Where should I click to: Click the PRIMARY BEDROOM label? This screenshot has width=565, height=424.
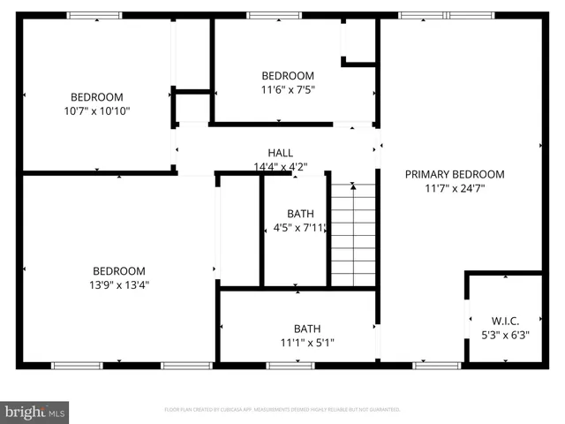[455, 174]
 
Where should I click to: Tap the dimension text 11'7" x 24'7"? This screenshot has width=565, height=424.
[455, 188]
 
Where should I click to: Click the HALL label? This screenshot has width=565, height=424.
[281, 152]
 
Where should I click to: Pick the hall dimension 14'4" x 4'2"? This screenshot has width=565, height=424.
[281, 166]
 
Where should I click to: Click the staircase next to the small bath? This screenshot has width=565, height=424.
[353, 234]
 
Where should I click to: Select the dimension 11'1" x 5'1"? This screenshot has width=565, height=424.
[307, 343]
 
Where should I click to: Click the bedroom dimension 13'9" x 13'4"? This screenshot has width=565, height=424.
[119, 284]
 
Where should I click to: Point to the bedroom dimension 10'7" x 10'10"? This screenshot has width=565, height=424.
[97, 111]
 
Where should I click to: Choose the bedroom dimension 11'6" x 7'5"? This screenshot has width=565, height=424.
[288, 89]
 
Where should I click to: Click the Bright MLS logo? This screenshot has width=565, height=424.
[35, 411]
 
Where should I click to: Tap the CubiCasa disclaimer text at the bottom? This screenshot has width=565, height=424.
[282, 410]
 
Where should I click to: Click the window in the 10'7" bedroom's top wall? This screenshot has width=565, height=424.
[95, 16]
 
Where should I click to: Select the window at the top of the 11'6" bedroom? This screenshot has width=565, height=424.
[274, 16]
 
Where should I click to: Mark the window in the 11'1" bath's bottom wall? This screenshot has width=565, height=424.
[290, 365]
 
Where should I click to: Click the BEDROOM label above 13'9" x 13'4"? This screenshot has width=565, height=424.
[119, 270]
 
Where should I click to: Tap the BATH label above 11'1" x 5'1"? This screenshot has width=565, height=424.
[307, 328]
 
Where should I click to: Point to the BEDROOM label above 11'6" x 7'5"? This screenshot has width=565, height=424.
[288, 75]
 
